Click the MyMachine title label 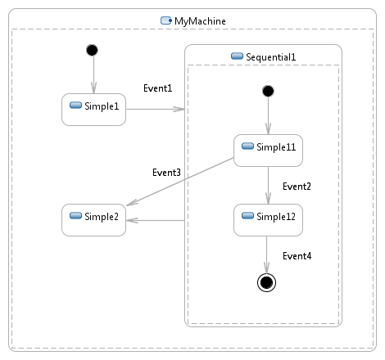pos(200,21)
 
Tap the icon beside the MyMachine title pos(166,20)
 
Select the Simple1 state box pos(93,110)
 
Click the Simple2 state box pos(93,220)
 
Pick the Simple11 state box pos(268,151)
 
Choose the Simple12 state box pos(268,220)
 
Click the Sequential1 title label pos(270,57)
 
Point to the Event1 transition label pos(158,88)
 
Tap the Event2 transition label pos(297,187)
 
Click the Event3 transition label pos(166,173)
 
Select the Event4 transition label pos(297,256)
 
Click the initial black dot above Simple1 pos(92,50)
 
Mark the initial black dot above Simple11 pos(268,91)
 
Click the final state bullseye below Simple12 pos(266,282)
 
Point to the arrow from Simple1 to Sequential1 pos(155,110)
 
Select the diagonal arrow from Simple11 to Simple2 pos(180,182)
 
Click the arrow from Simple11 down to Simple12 pos(268,186)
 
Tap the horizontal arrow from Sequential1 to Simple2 pos(156,220)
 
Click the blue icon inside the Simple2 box pos(75,216)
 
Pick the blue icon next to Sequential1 pos(237,56)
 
